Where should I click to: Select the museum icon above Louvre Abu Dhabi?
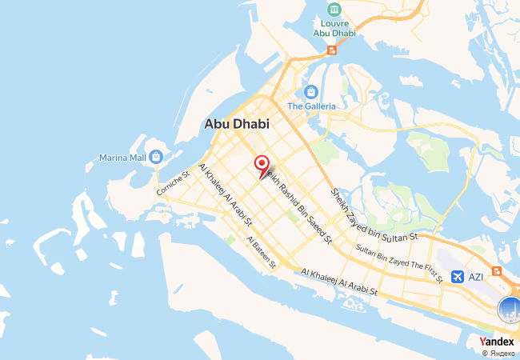pyautogui.click(x=335, y=9)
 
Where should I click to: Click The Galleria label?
pyautogui.click(x=311, y=106)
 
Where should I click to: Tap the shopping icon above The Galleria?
pyautogui.click(x=311, y=90)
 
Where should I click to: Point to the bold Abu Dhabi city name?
pyautogui.click(x=237, y=124)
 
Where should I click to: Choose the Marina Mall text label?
pyautogui.click(x=120, y=157)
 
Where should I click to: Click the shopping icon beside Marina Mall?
pyautogui.click(x=156, y=156)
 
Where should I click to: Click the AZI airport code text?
pyautogui.click(x=476, y=278)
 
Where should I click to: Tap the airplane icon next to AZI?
pyautogui.click(x=457, y=277)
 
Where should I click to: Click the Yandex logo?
pyautogui.click(x=497, y=342)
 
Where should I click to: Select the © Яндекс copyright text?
pyautogui.click(x=498, y=353)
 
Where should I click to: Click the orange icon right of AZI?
pyautogui.click(x=498, y=272)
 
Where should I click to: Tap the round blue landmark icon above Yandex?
pyautogui.click(x=509, y=308)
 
